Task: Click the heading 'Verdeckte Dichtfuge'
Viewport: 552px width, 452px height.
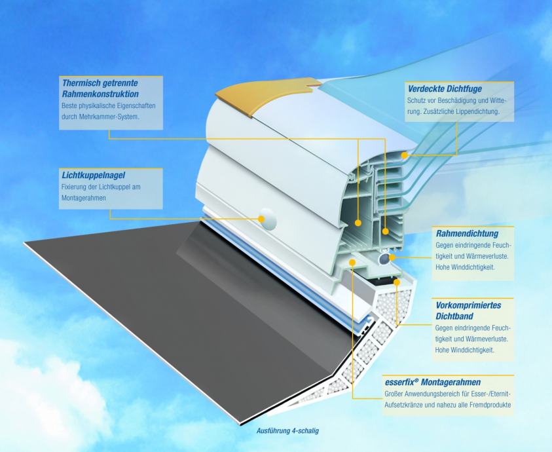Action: (x=445, y=89)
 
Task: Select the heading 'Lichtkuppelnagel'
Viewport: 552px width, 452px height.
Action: (x=93, y=175)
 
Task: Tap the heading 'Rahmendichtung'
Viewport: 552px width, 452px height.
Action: (x=467, y=234)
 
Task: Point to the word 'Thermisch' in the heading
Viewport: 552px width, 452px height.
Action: (x=80, y=83)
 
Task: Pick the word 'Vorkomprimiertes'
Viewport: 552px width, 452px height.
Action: (x=468, y=305)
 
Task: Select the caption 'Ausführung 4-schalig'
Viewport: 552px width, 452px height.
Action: (x=287, y=431)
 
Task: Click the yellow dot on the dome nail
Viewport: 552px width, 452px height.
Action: (x=261, y=219)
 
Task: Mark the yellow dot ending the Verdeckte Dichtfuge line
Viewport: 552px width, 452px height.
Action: (x=405, y=155)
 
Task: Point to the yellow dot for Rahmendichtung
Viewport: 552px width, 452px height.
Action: (x=392, y=257)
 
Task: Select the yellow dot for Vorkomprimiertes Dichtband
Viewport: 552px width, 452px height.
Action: (x=397, y=282)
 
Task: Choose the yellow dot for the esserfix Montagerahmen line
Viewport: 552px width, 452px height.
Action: (x=352, y=262)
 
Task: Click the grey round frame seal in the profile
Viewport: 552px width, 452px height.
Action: (x=384, y=259)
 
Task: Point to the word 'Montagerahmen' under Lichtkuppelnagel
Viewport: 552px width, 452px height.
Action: (x=84, y=198)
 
